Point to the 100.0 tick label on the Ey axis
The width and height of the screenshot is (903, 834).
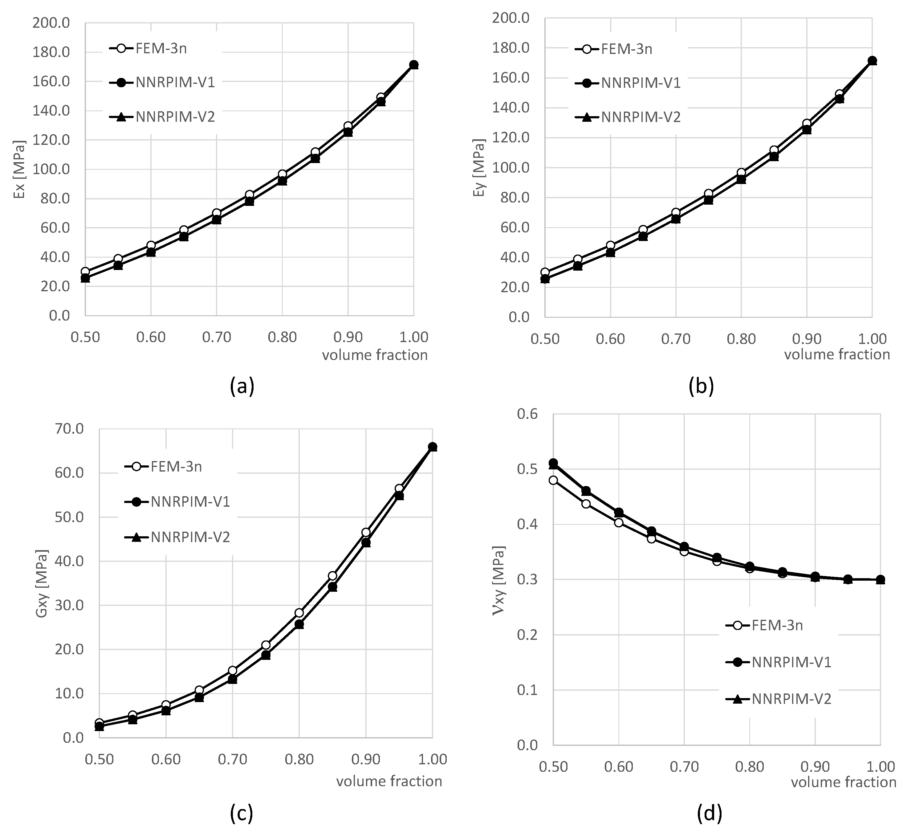(510, 168)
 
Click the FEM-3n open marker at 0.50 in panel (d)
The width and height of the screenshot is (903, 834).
(553, 480)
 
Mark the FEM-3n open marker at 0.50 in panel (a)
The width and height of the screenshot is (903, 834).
(85, 272)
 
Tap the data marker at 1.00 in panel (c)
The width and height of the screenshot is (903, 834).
(432, 447)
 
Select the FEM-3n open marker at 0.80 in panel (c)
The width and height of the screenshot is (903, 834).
(299, 612)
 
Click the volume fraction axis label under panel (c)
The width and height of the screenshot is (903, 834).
(389, 781)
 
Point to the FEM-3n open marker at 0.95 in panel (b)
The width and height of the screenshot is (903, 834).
(839, 94)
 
